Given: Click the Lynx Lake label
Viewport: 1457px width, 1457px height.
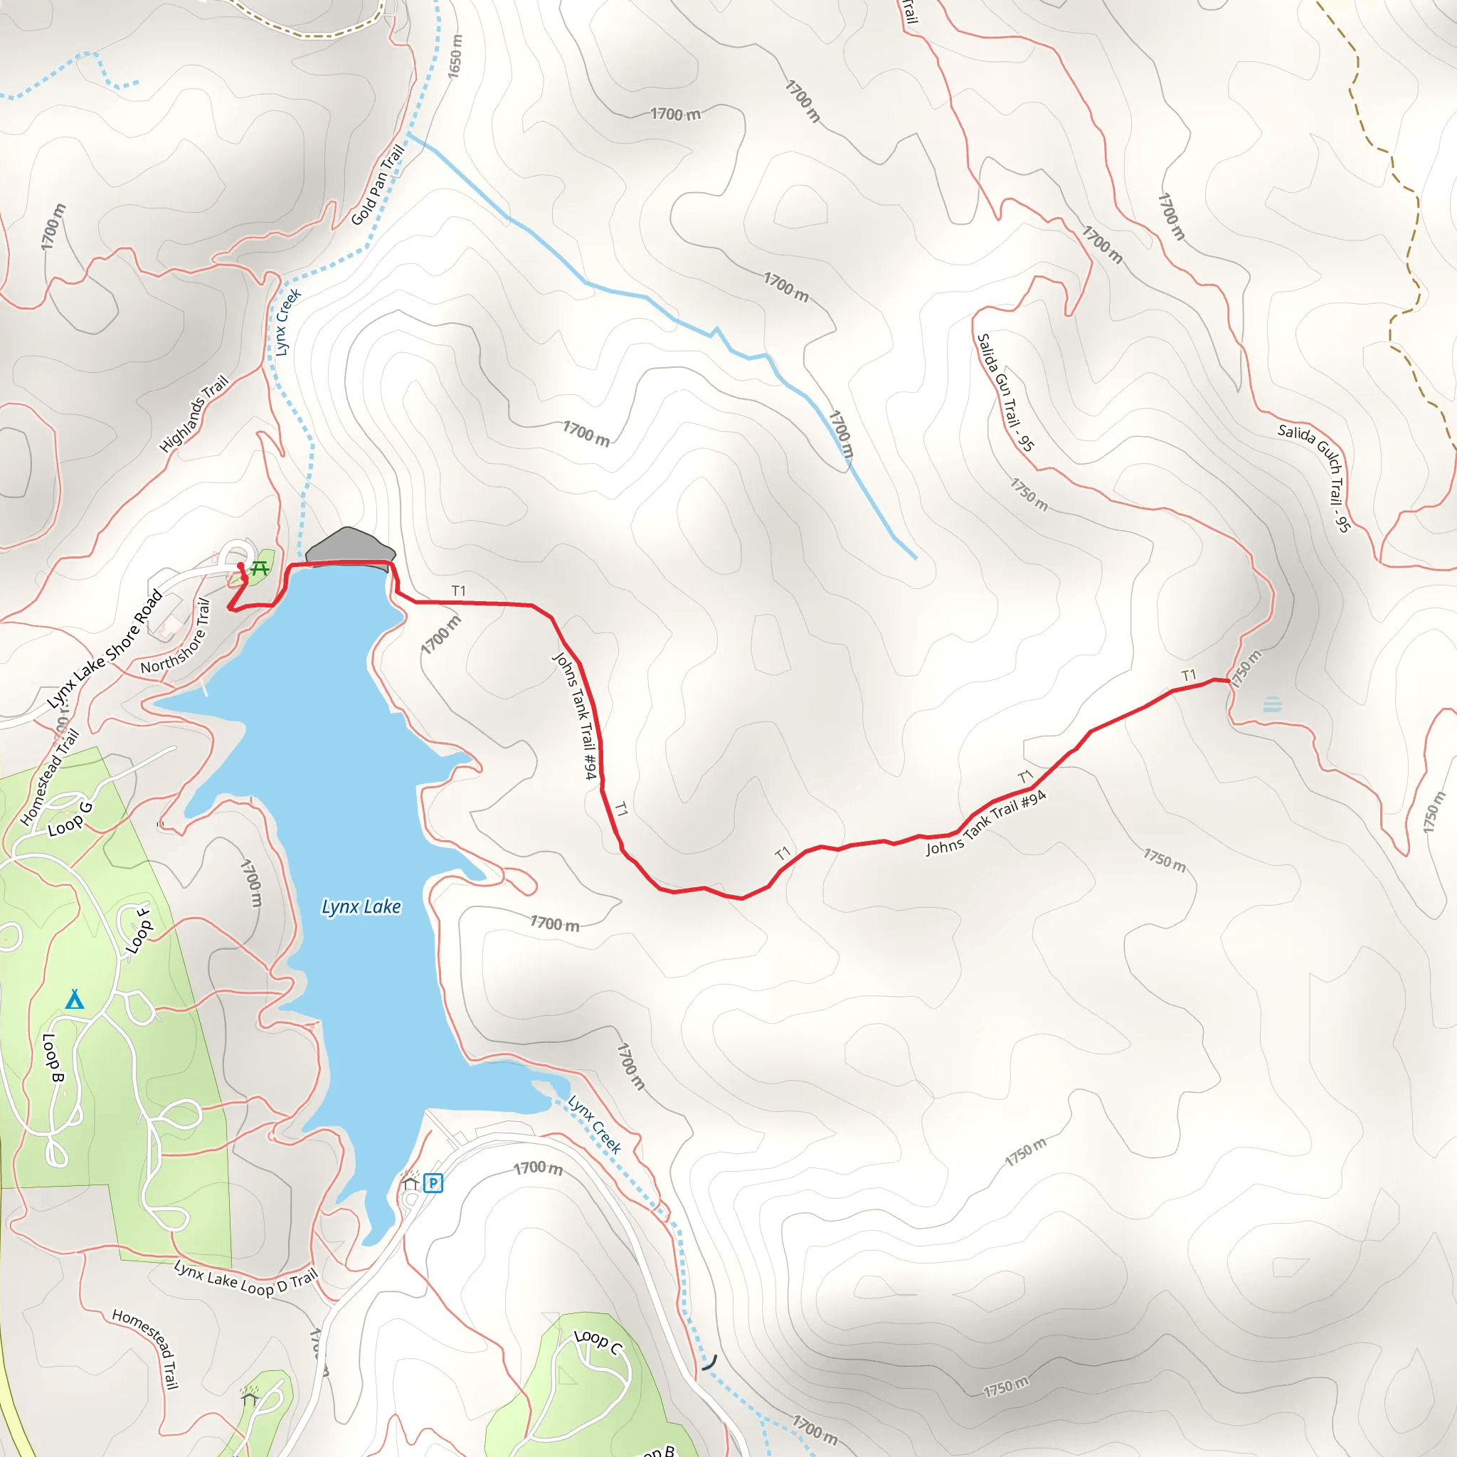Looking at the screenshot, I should pos(361,906).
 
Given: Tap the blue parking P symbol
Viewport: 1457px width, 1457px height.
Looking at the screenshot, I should pos(433,1182).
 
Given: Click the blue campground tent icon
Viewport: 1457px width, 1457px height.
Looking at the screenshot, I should pos(74,1000).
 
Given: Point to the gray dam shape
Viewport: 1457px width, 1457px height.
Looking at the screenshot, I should pos(351,546).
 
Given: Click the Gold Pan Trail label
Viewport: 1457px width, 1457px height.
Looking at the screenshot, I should pos(378,185).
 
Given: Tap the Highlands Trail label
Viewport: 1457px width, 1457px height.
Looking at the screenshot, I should pos(194,414).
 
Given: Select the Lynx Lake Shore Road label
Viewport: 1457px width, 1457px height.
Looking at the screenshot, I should pos(105,650).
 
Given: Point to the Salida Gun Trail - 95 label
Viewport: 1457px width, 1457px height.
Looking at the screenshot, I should pos(1005,392).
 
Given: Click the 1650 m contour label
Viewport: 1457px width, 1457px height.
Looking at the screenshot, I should pos(455,55).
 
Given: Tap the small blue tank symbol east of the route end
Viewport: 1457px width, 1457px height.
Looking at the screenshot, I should pos(1272,705).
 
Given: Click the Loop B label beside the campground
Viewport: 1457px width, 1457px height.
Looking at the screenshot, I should pos(52,1057).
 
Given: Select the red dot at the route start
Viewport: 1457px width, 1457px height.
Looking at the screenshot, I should pos(240,566).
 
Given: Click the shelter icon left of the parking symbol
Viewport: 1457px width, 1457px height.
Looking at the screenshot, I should pos(410,1182).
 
